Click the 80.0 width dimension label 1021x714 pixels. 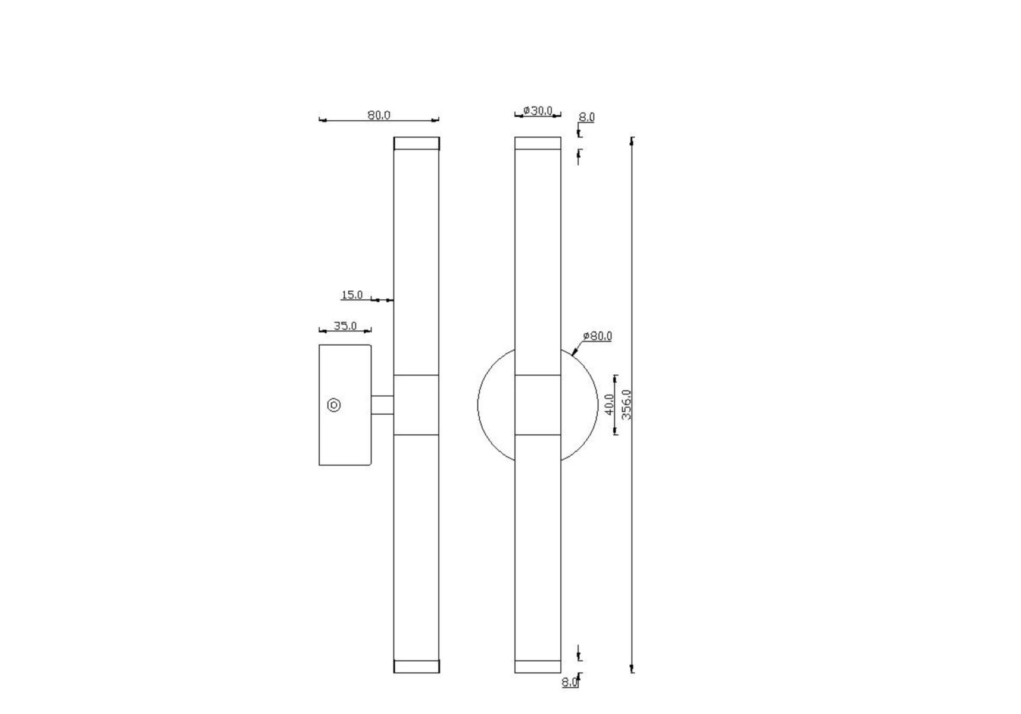pyautogui.click(x=379, y=115)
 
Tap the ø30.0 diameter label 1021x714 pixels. pyautogui.click(x=538, y=111)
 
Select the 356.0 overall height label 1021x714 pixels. pyautogui.click(x=626, y=405)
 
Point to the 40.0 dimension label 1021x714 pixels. pyautogui.click(x=609, y=405)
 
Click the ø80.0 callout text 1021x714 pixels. pyautogui.click(x=598, y=336)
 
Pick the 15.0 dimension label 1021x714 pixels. pyautogui.click(x=352, y=295)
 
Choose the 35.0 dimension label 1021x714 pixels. pyautogui.click(x=345, y=326)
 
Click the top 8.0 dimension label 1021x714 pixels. pyautogui.click(x=586, y=117)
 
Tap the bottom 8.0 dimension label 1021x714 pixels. pyautogui.click(x=569, y=682)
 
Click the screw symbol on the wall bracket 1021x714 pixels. pyautogui.click(x=335, y=405)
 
